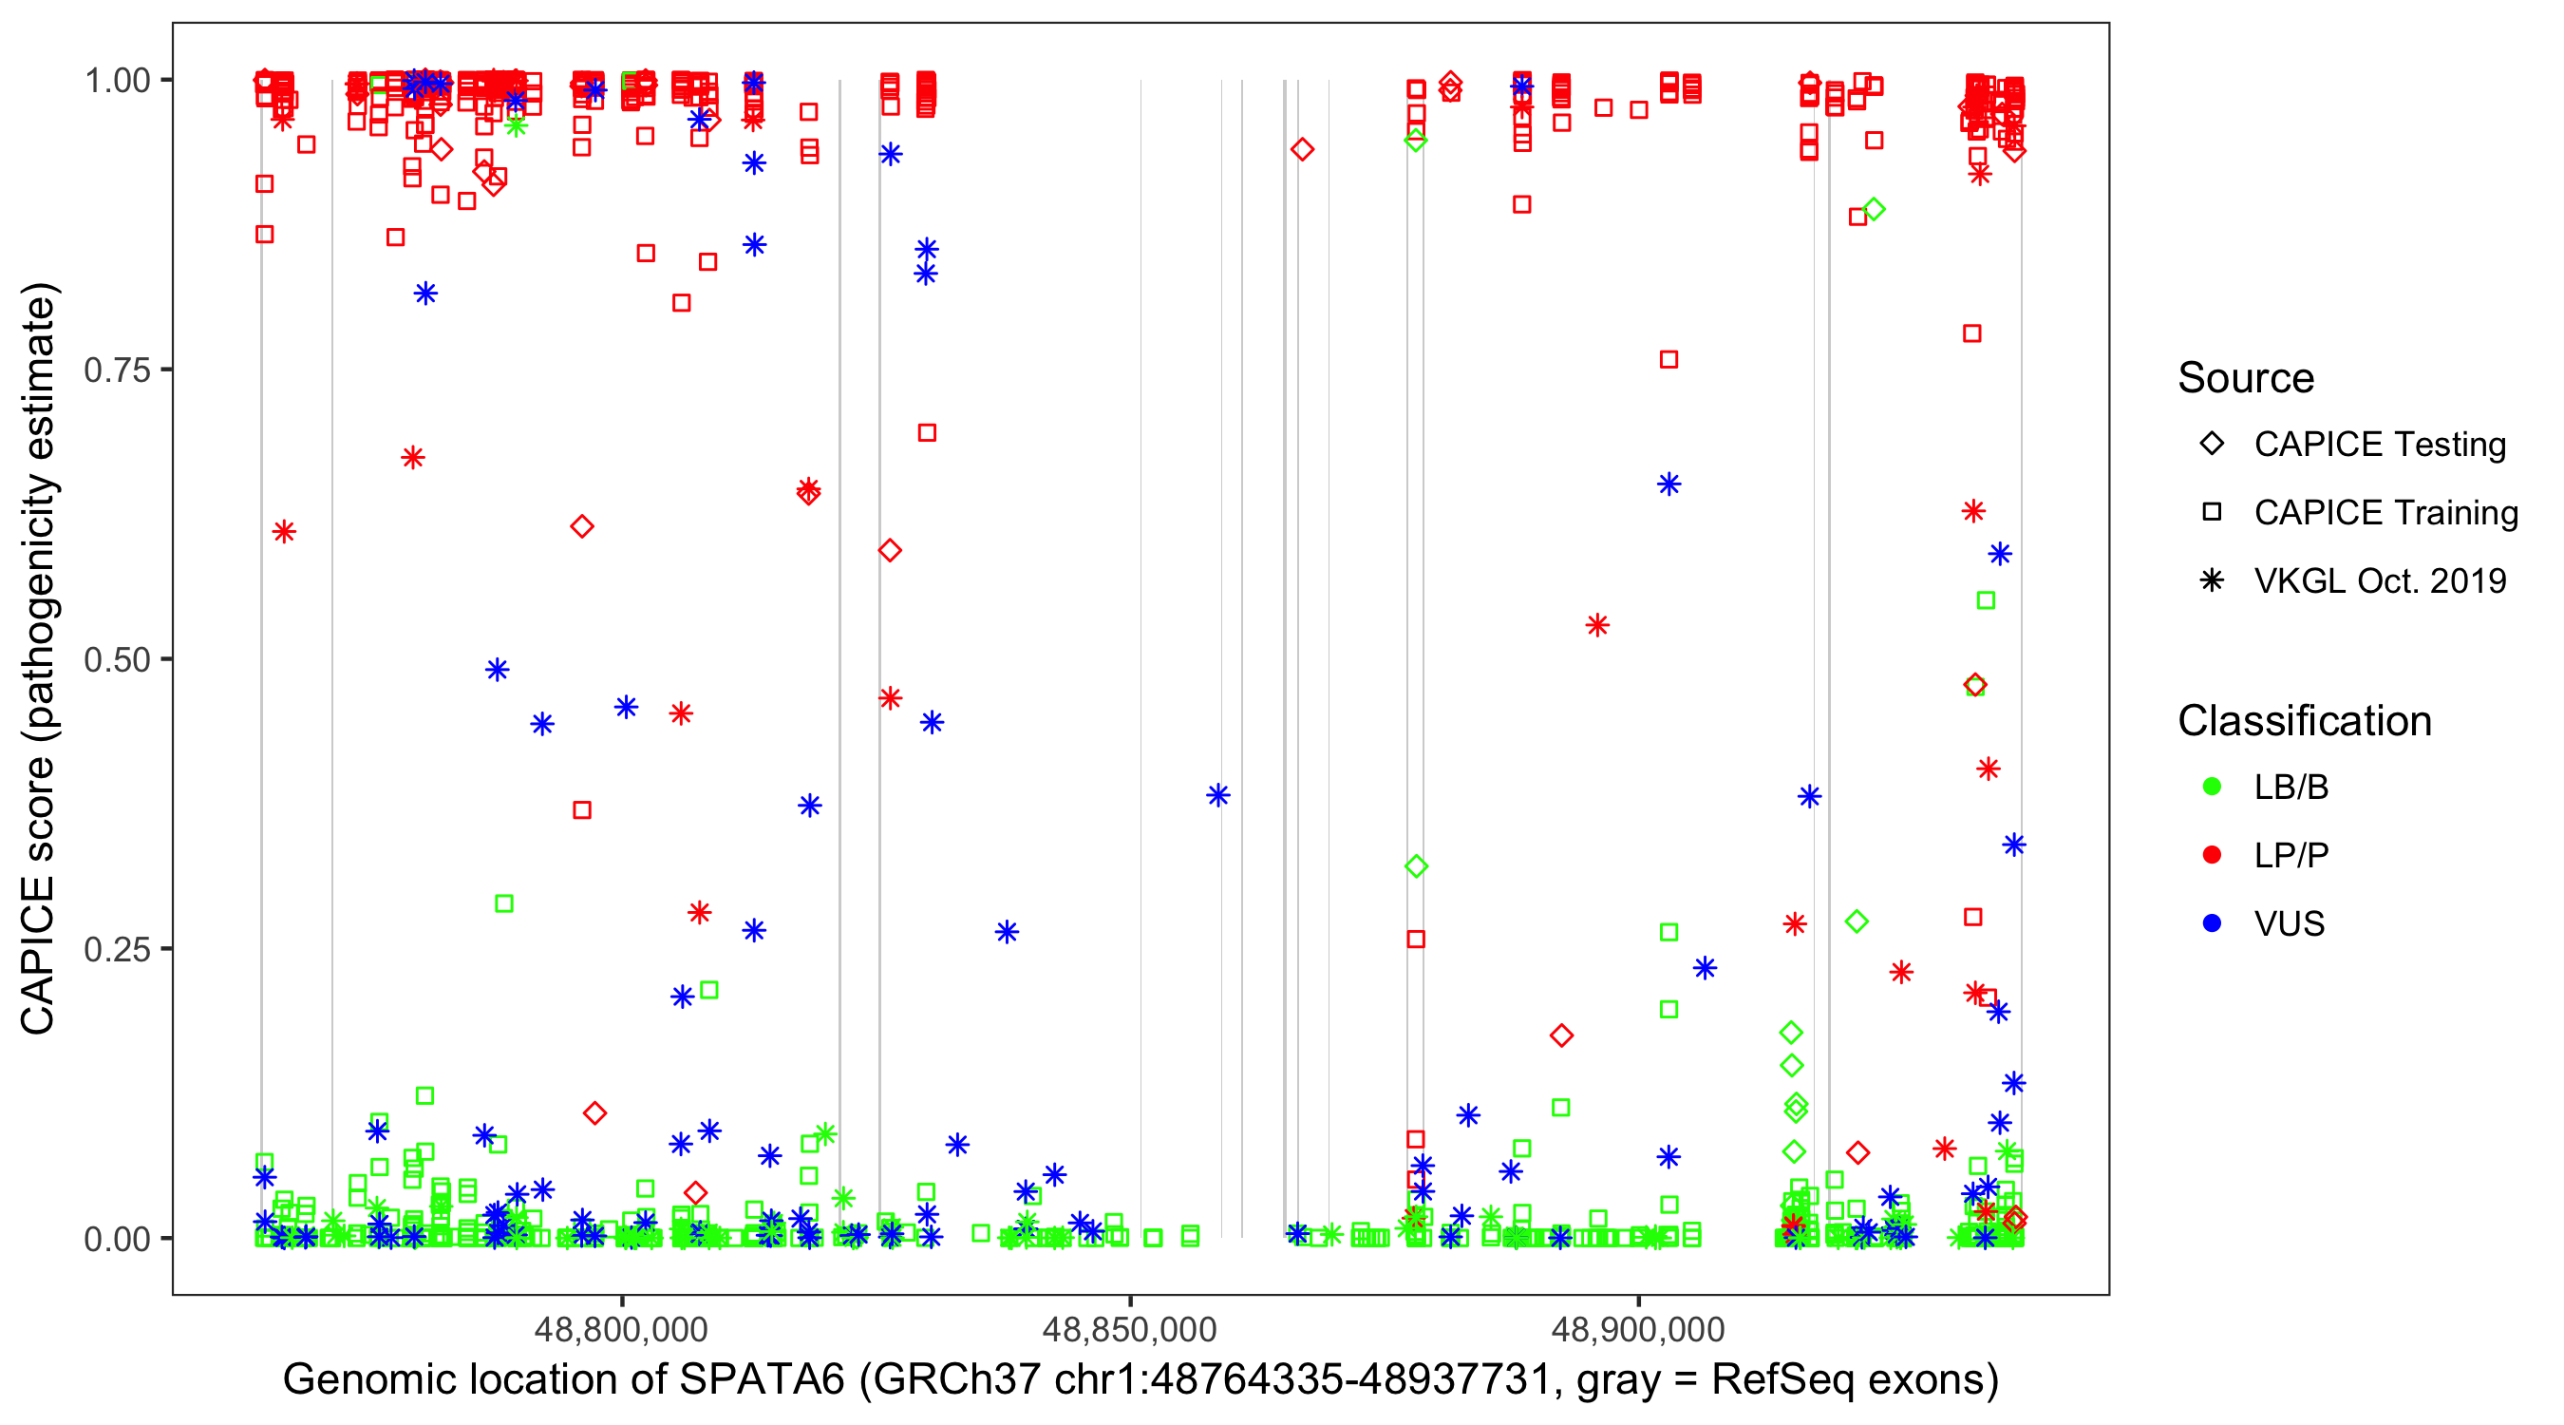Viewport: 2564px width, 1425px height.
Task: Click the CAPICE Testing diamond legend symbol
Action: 2212,445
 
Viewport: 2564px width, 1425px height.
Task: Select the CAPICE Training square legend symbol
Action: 2212,513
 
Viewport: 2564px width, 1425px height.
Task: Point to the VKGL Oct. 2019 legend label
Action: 2380,581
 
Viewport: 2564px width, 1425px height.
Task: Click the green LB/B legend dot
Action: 2212,788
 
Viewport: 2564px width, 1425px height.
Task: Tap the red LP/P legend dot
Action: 2212,855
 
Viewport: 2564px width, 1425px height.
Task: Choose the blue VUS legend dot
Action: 2212,924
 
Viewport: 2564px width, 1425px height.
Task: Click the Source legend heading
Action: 2246,378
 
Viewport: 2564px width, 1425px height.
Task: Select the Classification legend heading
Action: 2304,721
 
